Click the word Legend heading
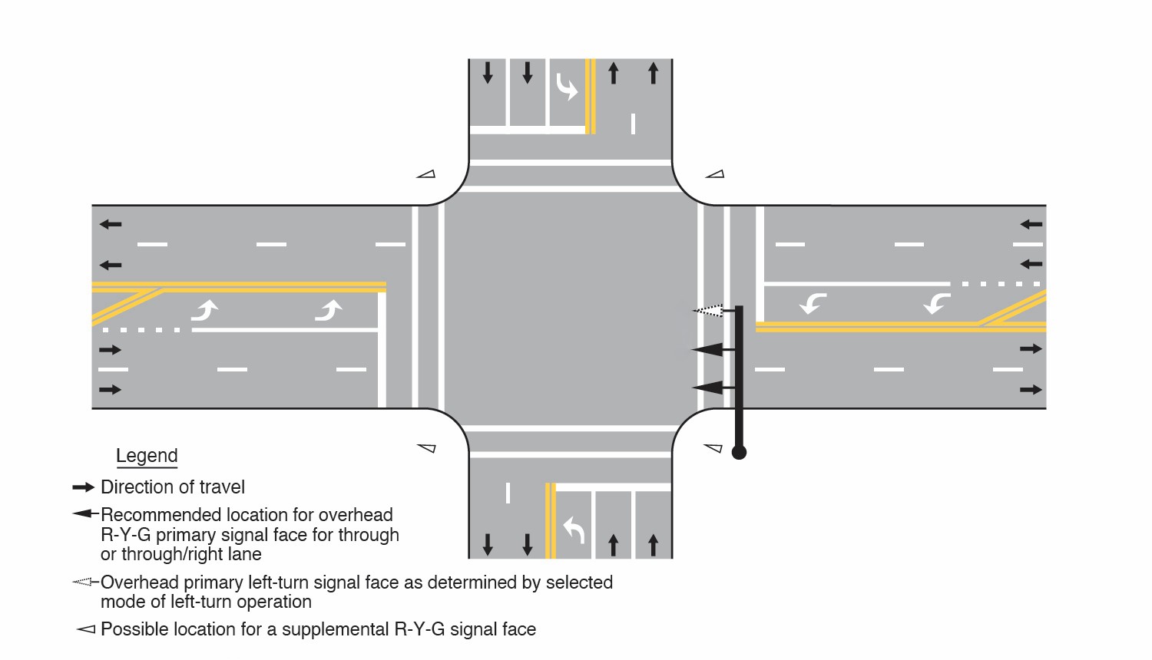pos(147,456)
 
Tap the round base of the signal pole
pos(739,452)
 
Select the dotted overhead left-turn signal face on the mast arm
pos(709,311)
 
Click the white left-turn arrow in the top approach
pos(566,87)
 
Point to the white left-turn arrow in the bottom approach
pos(574,530)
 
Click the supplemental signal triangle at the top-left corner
pos(426,175)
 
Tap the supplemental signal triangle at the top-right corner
pos(715,175)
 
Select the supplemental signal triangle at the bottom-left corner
pos(427,447)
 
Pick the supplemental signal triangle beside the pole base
pos(713,447)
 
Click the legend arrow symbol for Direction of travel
pos(83,487)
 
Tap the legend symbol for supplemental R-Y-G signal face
pos(85,629)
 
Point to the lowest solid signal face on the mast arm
pos(709,388)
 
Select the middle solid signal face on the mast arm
pos(708,350)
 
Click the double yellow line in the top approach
pos(590,97)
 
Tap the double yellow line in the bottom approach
pos(550,520)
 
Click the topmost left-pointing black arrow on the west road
pos(111,225)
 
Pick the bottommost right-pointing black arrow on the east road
pos(1031,390)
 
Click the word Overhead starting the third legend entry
pos(139,582)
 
